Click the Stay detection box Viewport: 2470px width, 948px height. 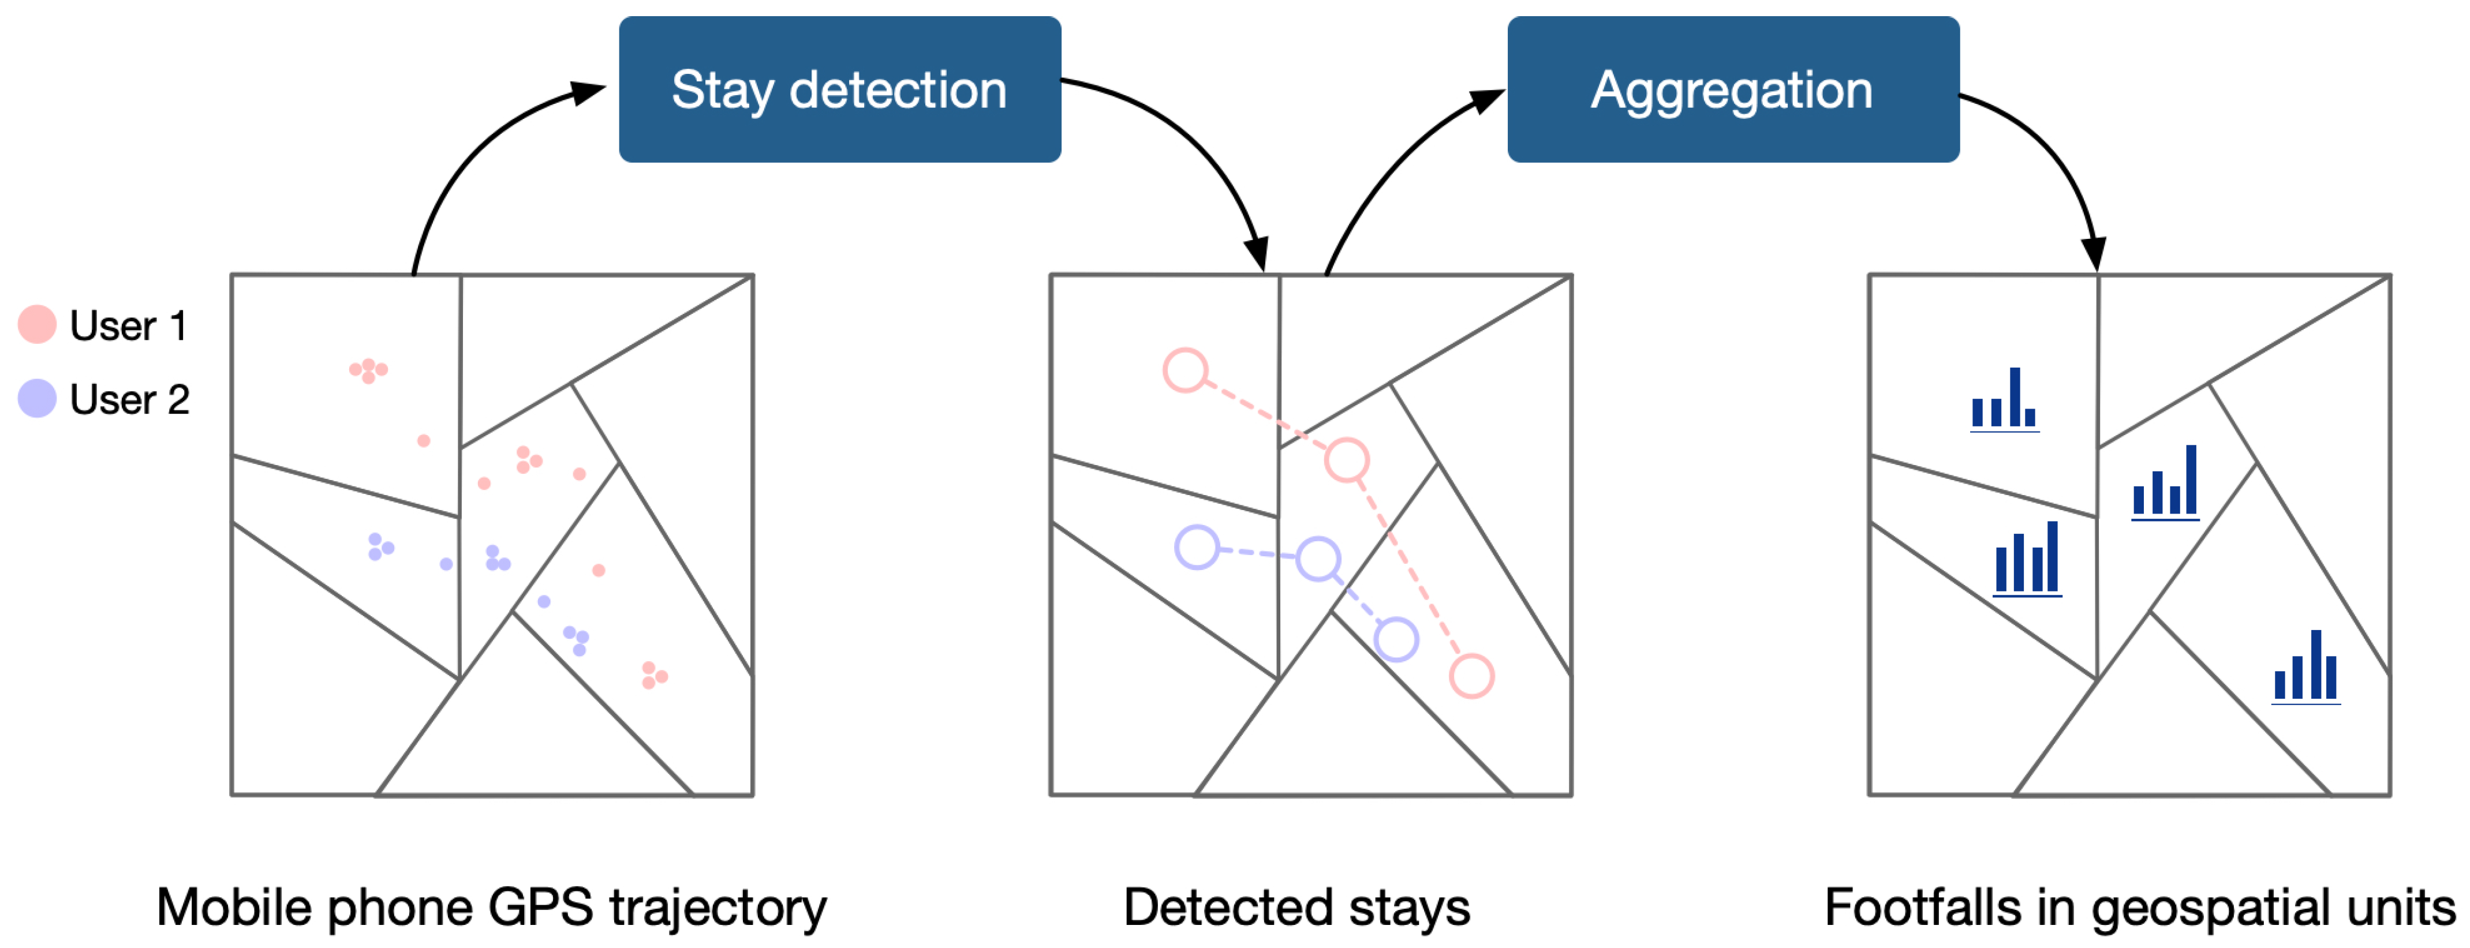(839, 89)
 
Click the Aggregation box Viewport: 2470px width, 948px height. (1732, 89)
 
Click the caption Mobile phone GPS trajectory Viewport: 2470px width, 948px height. (491, 907)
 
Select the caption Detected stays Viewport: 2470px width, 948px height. (1296, 907)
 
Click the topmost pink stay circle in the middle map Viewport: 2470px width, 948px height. (1185, 370)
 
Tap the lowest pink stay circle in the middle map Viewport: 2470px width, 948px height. (1471, 676)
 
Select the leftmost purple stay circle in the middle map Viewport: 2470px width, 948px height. (1197, 548)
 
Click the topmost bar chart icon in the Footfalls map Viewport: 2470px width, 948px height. (2004, 400)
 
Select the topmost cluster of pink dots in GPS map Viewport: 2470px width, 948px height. (368, 370)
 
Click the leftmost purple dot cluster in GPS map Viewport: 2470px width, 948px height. (380, 546)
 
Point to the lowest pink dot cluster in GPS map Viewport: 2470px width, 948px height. (654, 675)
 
